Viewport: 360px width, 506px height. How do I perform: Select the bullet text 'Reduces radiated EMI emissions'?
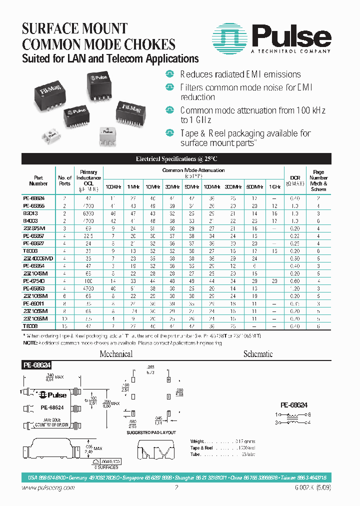pyautogui.click(x=240, y=74)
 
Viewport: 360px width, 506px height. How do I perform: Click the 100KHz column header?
pyautogui.click(x=112, y=186)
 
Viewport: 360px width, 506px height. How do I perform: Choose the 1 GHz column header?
pyautogui.click(x=274, y=186)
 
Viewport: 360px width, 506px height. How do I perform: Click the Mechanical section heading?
pyautogui.click(x=116, y=354)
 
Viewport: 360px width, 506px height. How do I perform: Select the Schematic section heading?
pyautogui.click(x=257, y=354)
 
